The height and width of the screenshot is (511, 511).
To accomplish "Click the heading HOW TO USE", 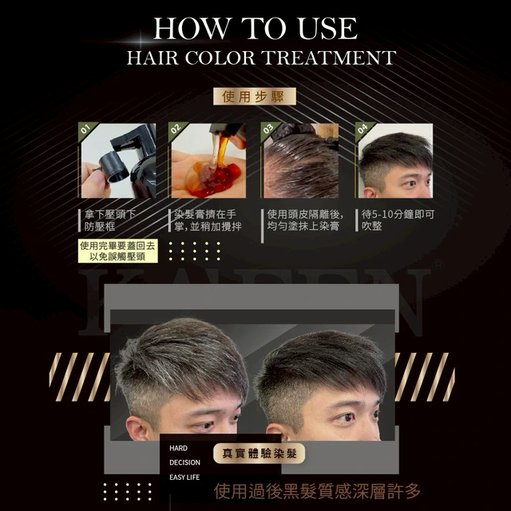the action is [255, 29].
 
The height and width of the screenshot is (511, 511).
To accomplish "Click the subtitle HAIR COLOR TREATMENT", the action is [261, 57].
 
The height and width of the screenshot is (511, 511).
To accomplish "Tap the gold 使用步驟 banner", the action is [255, 97].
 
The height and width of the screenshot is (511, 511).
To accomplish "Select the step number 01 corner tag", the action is [85, 129].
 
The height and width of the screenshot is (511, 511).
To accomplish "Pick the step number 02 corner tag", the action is [176, 129].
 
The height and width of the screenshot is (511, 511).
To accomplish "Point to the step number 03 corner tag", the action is [268, 129].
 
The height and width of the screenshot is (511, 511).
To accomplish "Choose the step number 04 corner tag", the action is [362, 129].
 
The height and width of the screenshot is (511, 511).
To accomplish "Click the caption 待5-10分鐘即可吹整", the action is [398, 220].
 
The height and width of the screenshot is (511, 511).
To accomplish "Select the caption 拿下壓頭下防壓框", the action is [110, 220].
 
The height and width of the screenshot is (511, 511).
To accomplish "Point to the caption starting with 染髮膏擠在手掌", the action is [208, 220].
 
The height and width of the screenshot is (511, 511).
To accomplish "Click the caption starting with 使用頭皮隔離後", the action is [305, 220].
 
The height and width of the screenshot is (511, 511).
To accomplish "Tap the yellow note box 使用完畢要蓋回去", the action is [118, 251].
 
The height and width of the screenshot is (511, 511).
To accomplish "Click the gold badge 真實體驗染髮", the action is [259, 454].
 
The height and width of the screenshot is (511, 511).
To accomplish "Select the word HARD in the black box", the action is [178, 448].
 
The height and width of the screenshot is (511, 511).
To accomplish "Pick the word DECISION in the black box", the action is [184, 462].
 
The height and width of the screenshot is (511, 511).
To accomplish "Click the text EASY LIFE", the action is [184, 477].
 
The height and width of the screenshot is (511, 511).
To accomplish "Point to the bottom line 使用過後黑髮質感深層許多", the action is [318, 491].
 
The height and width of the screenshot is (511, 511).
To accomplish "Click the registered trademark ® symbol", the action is [438, 264].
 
